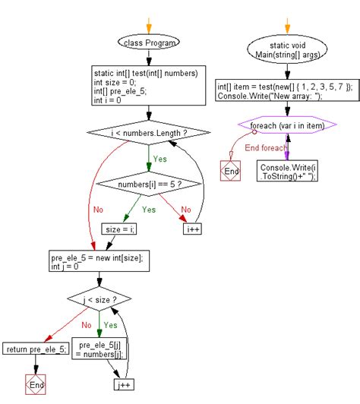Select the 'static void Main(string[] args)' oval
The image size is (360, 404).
click(287, 50)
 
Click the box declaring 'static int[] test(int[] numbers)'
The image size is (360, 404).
click(149, 84)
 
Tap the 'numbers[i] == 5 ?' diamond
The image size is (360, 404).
click(149, 184)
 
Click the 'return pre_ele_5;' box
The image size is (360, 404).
click(35, 349)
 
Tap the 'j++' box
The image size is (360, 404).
click(125, 385)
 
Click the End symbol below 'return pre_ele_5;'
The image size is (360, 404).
click(35, 385)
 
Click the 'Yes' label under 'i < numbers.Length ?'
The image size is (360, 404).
click(160, 159)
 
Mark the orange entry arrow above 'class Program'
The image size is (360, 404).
click(149, 23)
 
